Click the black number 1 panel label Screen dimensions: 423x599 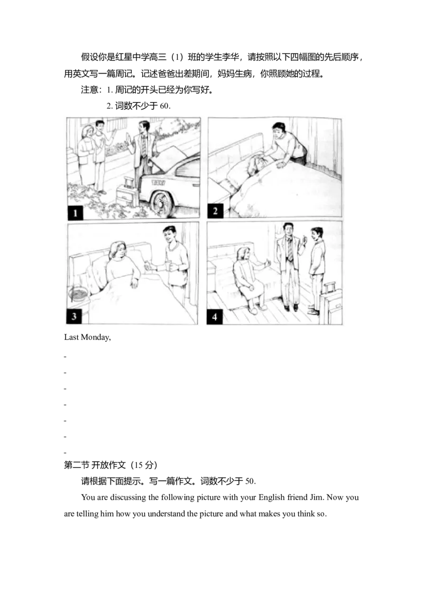[75, 212]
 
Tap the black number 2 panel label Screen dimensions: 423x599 [215, 211]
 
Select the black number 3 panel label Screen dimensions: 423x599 [73, 316]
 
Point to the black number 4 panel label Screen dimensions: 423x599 [215, 317]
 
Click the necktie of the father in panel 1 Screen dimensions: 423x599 [144, 145]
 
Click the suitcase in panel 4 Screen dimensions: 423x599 [331, 302]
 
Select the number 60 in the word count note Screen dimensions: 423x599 [165, 106]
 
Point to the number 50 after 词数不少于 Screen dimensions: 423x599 [251, 482]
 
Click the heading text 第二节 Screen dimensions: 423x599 [76, 465]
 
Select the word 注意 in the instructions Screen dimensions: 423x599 [89, 90]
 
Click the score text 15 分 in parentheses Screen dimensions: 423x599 [143, 465]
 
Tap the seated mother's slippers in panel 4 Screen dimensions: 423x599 [256, 308]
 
